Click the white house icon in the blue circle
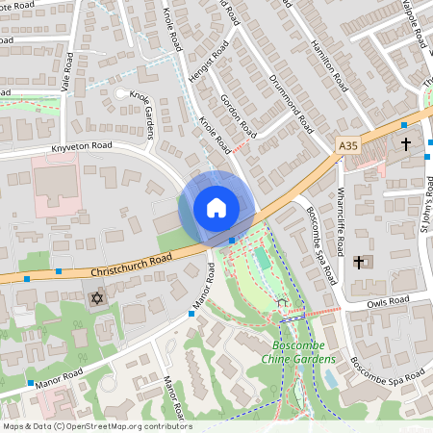[216, 208]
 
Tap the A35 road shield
[348, 145]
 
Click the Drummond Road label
[292, 103]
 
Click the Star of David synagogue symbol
[95, 299]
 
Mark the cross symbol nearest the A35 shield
[406, 144]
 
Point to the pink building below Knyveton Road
[55, 184]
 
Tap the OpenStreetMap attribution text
[96, 425]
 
